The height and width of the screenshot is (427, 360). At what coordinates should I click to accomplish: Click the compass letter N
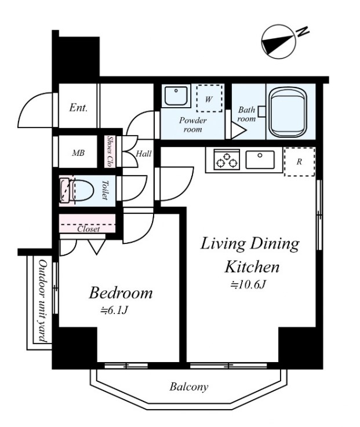(303, 32)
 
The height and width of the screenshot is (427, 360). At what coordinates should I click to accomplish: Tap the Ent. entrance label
(78, 108)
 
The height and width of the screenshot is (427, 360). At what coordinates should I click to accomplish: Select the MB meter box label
(78, 153)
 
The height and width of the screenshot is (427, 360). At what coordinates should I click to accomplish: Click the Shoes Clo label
(110, 151)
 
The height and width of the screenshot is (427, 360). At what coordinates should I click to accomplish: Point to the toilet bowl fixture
(77, 191)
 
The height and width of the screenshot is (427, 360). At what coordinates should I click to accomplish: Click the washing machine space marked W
(209, 98)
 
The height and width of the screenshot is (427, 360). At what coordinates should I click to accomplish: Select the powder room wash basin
(176, 96)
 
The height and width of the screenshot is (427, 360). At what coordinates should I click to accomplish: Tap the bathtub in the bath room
(289, 113)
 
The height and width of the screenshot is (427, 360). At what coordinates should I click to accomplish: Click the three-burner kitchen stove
(227, 159)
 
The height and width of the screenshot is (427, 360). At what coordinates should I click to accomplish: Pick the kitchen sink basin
(260, 160)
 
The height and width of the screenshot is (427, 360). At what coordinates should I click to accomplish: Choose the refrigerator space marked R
(300, 162)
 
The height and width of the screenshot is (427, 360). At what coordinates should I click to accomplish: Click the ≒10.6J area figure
(248, 285)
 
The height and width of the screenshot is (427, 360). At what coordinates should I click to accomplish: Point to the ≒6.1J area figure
(114, 311)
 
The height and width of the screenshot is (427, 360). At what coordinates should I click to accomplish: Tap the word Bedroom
(121, 293)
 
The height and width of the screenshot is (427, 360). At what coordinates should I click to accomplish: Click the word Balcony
(189, 387)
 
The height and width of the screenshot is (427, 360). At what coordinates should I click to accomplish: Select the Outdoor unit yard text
(42, 301)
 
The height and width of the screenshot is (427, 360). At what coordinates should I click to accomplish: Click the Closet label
(88, 229)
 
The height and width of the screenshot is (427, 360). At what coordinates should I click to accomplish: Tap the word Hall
(144, 154)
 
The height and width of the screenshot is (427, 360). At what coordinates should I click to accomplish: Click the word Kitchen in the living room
(252, 267)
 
